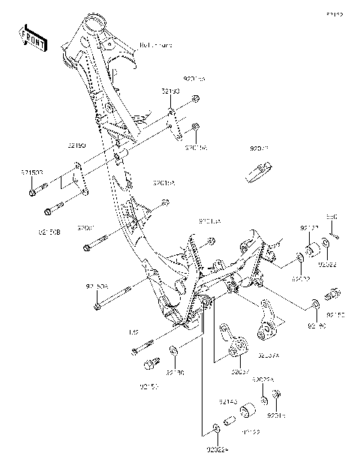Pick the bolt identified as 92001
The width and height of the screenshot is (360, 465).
click(97, 244)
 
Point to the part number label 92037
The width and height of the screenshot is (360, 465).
click(240, 371)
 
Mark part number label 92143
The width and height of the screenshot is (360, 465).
click(228, 403)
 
